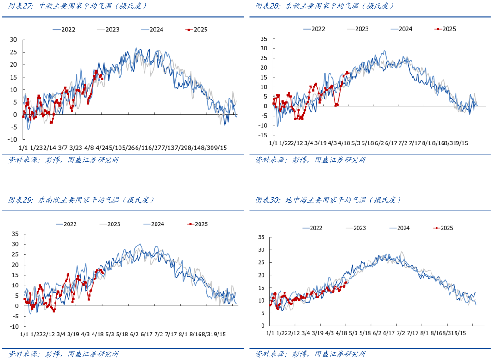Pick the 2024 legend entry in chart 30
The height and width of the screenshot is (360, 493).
(x=403, y=228)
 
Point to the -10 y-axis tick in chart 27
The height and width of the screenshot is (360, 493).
(x=13, y=139)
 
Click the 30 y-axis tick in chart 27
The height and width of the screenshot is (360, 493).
(x=14, y=39)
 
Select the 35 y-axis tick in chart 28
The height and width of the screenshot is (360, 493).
(x=264, y=38)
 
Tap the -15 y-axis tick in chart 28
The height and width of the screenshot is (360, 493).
(x=263, y=135)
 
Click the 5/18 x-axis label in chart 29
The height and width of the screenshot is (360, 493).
(x=122, y=334)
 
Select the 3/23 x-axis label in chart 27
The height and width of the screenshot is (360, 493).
(x=75, y=148)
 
